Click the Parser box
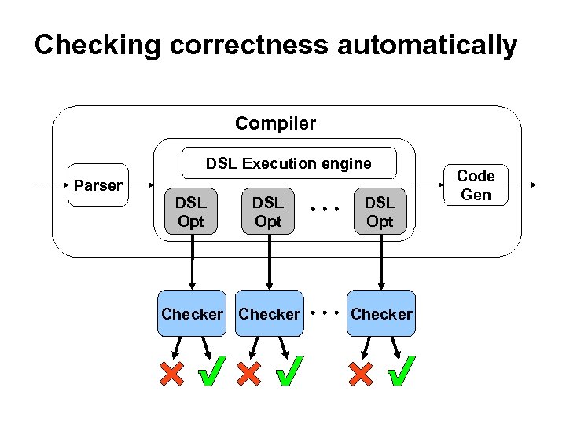coord(97,185)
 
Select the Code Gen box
coord(475,185)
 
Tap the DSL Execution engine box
coord(289,163)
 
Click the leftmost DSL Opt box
coord(190,212)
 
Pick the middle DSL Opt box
coord(268,212)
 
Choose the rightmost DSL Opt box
coord(380,212)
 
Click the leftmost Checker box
coord(192,314)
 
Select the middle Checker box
coord(270,314)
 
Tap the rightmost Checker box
coord(381,314)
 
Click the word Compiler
coord(275,123)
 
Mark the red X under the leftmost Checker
coord(171,374)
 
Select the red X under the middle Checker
coord(248,374)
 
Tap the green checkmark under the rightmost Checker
coord(402,372)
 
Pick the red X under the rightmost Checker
coord(361,374)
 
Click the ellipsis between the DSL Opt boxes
coord(323,210)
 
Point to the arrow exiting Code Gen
coord(523,185)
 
